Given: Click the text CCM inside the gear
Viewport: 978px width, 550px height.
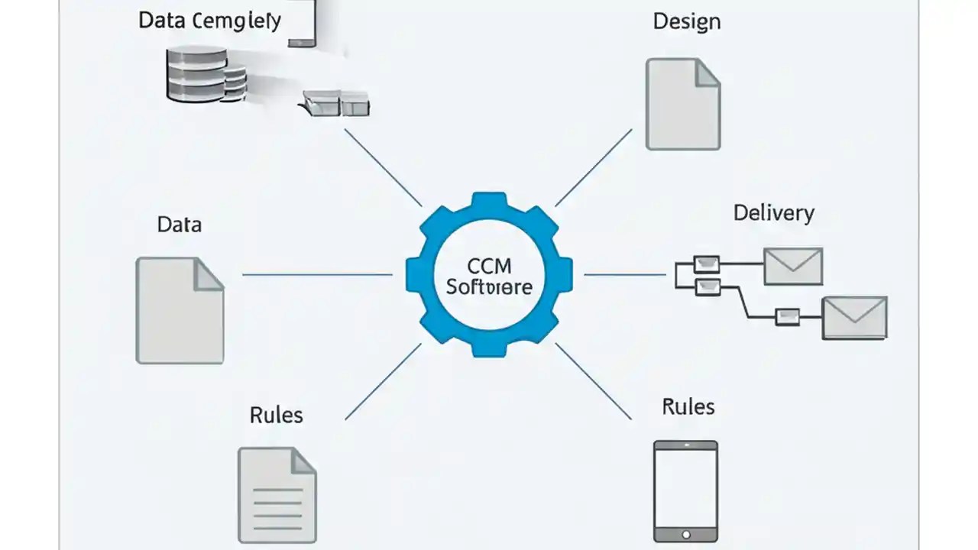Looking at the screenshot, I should [488, 267].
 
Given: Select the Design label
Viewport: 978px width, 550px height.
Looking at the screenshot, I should [686, 21].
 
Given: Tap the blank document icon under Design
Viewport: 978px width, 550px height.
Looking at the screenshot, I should [682, 104].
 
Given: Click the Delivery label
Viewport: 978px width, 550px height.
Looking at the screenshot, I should [773, 212].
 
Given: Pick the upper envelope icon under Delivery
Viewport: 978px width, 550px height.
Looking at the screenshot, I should [793, 266].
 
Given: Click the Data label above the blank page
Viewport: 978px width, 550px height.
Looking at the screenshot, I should [180, 225].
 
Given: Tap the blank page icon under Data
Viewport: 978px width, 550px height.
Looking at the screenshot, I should [180, 310].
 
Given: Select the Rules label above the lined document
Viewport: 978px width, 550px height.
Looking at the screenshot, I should [276, 415].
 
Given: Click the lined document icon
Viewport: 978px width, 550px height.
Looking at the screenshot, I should [277, 495].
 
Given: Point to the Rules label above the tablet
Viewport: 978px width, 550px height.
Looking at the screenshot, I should [688, 406].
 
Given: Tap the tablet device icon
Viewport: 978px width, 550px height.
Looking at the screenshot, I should [685, 489].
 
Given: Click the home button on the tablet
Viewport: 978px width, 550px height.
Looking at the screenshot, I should [685, 534].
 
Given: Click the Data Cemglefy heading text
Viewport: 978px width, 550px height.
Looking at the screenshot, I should [209, 20].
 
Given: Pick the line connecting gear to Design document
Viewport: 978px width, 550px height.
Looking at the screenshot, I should [593, 168].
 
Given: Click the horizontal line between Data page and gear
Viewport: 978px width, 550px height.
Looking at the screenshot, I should [317, 274].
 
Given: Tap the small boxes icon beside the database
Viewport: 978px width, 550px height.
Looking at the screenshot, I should [337, 102].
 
